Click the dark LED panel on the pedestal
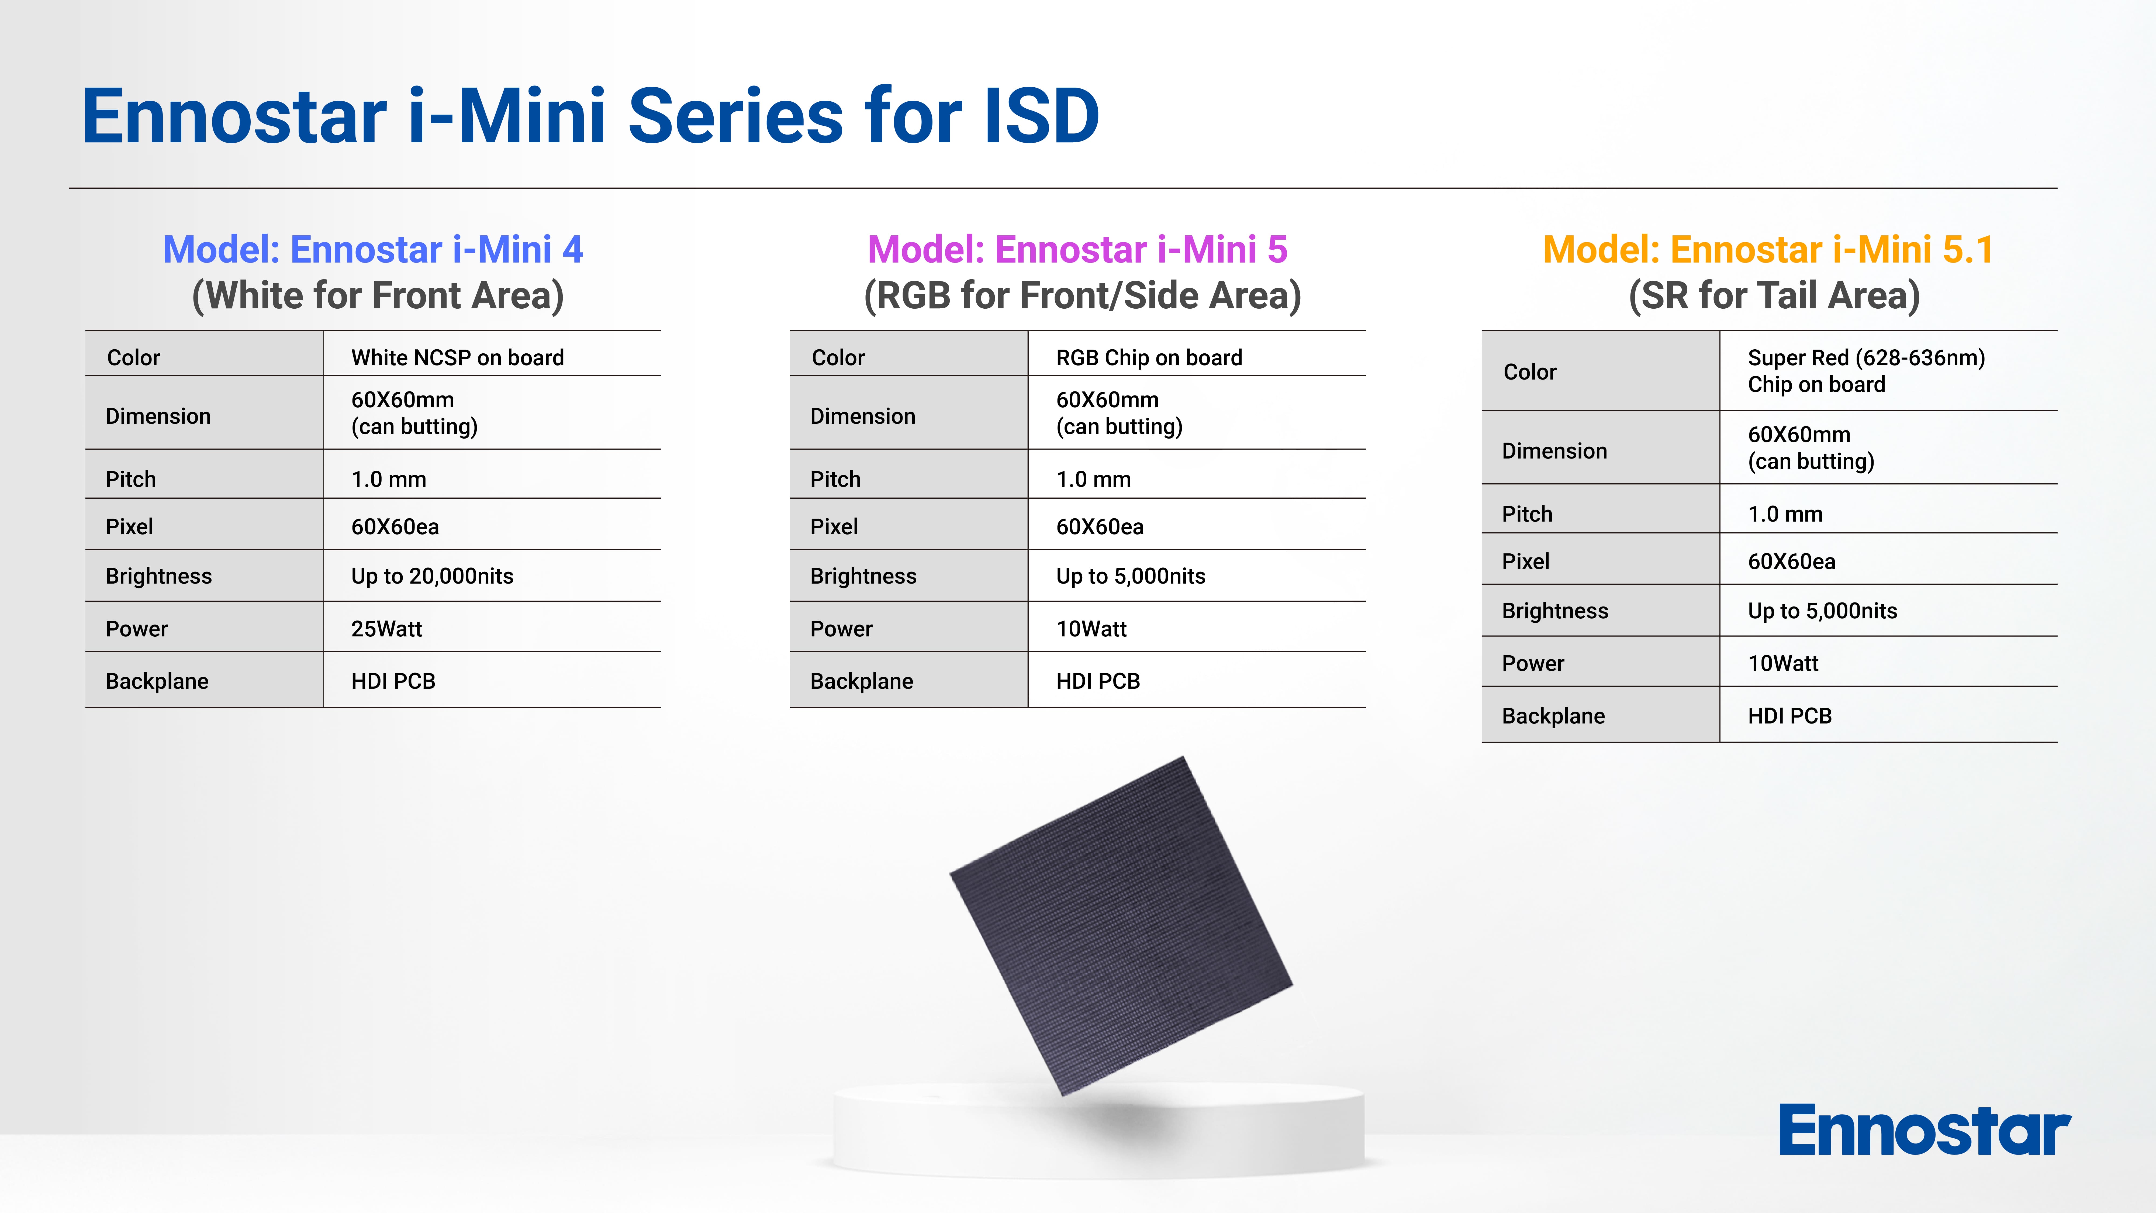pyautogui.click(x=1121, y=926)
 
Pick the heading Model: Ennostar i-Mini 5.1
pyautogui.click(x=1768, y=249)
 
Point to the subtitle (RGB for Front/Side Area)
pyautogui.click(x=1082, y=295)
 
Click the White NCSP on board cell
pyautogui.click(x=458, y=357)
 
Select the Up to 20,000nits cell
pyautogui.click(x=432, y=576)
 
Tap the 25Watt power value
pyautogui.click(x=387, y=629)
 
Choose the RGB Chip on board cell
pyautogui.click(x=1149, y=357)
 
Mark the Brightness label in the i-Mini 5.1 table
pyautogui.click(x=1555, y=611)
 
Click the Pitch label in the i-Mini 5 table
pyautogui.click(x=835, y=479)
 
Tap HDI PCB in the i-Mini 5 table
pyautogui.click(x=1098, y=681)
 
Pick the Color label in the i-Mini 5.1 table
pyautogui.click(x=1530, y=372)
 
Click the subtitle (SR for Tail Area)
pyautogui.click(x=1774, y=295)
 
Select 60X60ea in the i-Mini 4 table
pyautogui.click(x=395, y=526)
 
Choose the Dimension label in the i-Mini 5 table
pyautogui.click(x=863, y=416)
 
